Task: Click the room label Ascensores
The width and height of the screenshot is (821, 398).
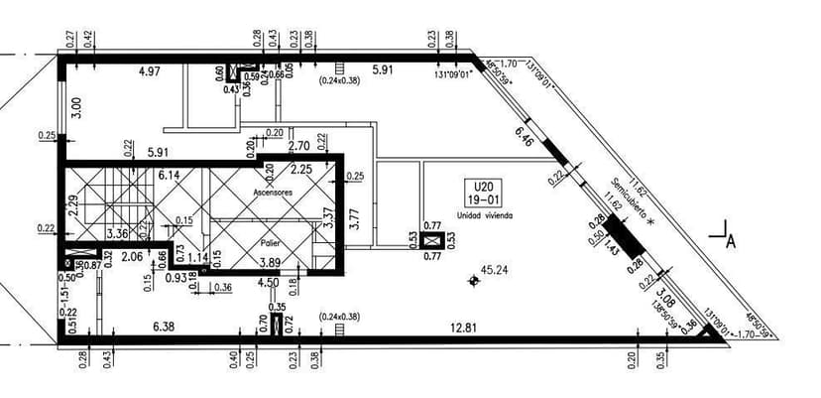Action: (272, 191)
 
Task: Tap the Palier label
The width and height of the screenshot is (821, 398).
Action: (271, 241)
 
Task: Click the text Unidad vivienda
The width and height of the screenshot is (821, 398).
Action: (485, 214)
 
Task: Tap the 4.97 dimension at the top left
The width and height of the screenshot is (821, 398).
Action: (150, 71)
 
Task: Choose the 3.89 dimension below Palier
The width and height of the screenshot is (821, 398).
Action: (269, 262)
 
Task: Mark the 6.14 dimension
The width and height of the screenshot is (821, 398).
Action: (169, 174)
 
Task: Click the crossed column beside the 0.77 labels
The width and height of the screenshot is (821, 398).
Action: (432, 239)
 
